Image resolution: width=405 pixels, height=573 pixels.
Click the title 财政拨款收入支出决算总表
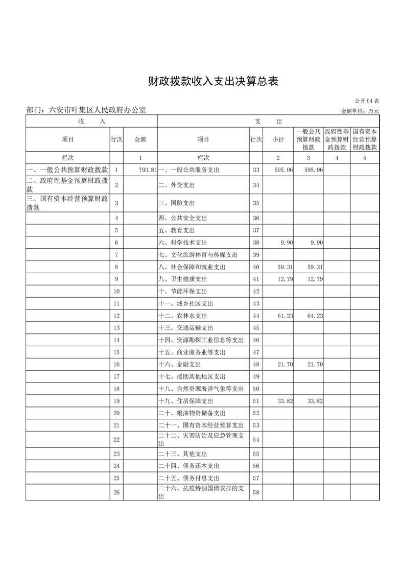pyautogui.click(x=213, y=81)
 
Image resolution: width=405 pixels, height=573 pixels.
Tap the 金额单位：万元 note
pyautogui.click(x=360, y=111)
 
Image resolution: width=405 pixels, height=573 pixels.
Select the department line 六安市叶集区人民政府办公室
pyautogui.click(x=86, y=110)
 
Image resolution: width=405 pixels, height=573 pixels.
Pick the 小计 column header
pyautogui.click(x=278, y=139)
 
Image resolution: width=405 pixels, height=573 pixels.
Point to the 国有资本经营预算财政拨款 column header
pyautogui.click(x=365, y=139)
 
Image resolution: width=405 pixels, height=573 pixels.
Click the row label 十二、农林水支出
pyautogui.click(x=183, y=316)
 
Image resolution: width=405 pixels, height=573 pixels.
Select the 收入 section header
pyautogui.click(x=92, y=122)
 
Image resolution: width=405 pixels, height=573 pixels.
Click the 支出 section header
pyautogui.click(x=268, y=122)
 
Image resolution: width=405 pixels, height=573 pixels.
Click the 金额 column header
pyautogui.click(x=140, y=139)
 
